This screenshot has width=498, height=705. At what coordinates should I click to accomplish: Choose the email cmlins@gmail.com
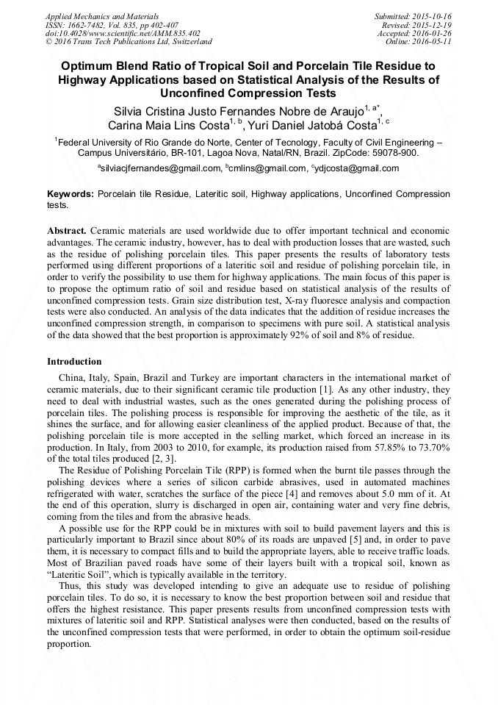267,168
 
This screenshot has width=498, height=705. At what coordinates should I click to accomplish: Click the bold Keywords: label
71,195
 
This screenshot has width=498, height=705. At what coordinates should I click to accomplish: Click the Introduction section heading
74,362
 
